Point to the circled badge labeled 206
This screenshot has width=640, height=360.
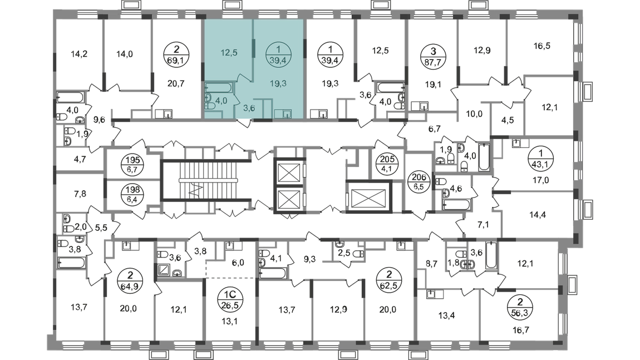419,182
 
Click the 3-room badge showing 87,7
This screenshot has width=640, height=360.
434,56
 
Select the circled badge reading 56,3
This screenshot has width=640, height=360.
520,308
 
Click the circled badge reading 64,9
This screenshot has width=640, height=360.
129,280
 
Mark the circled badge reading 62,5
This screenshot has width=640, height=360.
389,279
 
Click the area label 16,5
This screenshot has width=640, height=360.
541,46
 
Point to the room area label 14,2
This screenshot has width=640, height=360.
79,54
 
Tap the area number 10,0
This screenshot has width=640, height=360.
474,114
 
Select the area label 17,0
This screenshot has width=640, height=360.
541,180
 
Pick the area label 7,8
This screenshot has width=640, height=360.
80,194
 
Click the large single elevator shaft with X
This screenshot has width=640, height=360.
368,196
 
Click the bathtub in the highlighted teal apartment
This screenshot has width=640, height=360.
219,87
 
